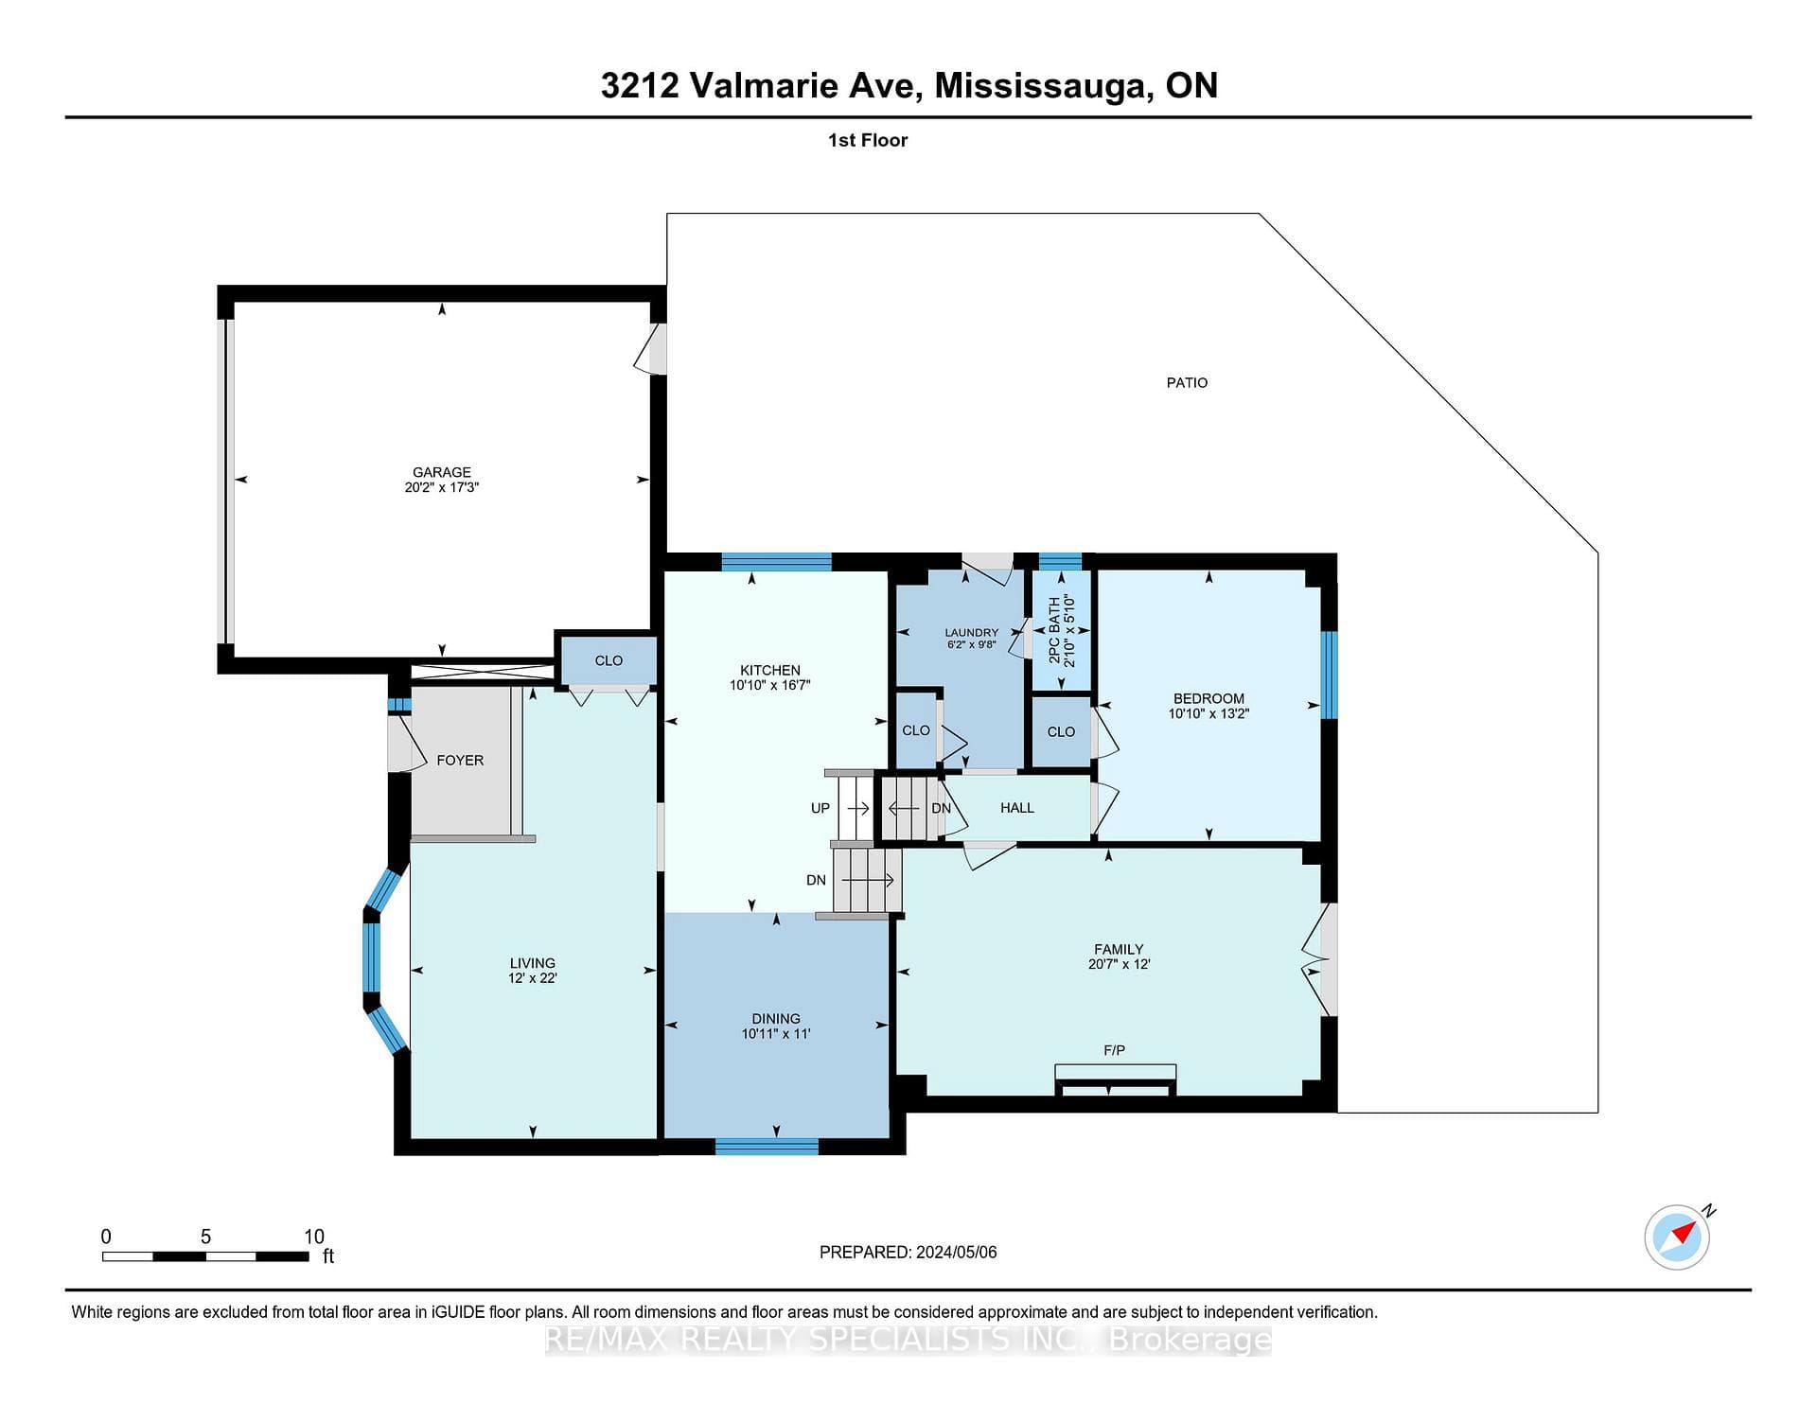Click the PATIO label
coord(1187,383)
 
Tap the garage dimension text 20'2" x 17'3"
coord(442,487)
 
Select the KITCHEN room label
coord(770,671)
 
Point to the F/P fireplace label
coord(1114,1050)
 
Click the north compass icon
coord(1677,1237)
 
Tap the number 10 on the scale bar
coord(314,1237)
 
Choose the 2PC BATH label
coord(1054,629)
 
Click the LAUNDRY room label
coord(972,633)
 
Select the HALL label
coord(1017,808)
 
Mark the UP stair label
coord(820,808)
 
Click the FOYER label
coord(460,761)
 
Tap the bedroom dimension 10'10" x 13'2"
coord(1208,714)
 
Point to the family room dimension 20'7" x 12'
coord(1119,964)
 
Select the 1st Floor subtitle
coord(868,140)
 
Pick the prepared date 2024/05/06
coord(957,1253)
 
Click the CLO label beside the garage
coord(609,660)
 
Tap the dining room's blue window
coord(767,1147)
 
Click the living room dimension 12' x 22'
coord(532,978)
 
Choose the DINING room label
coord(776,1019)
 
